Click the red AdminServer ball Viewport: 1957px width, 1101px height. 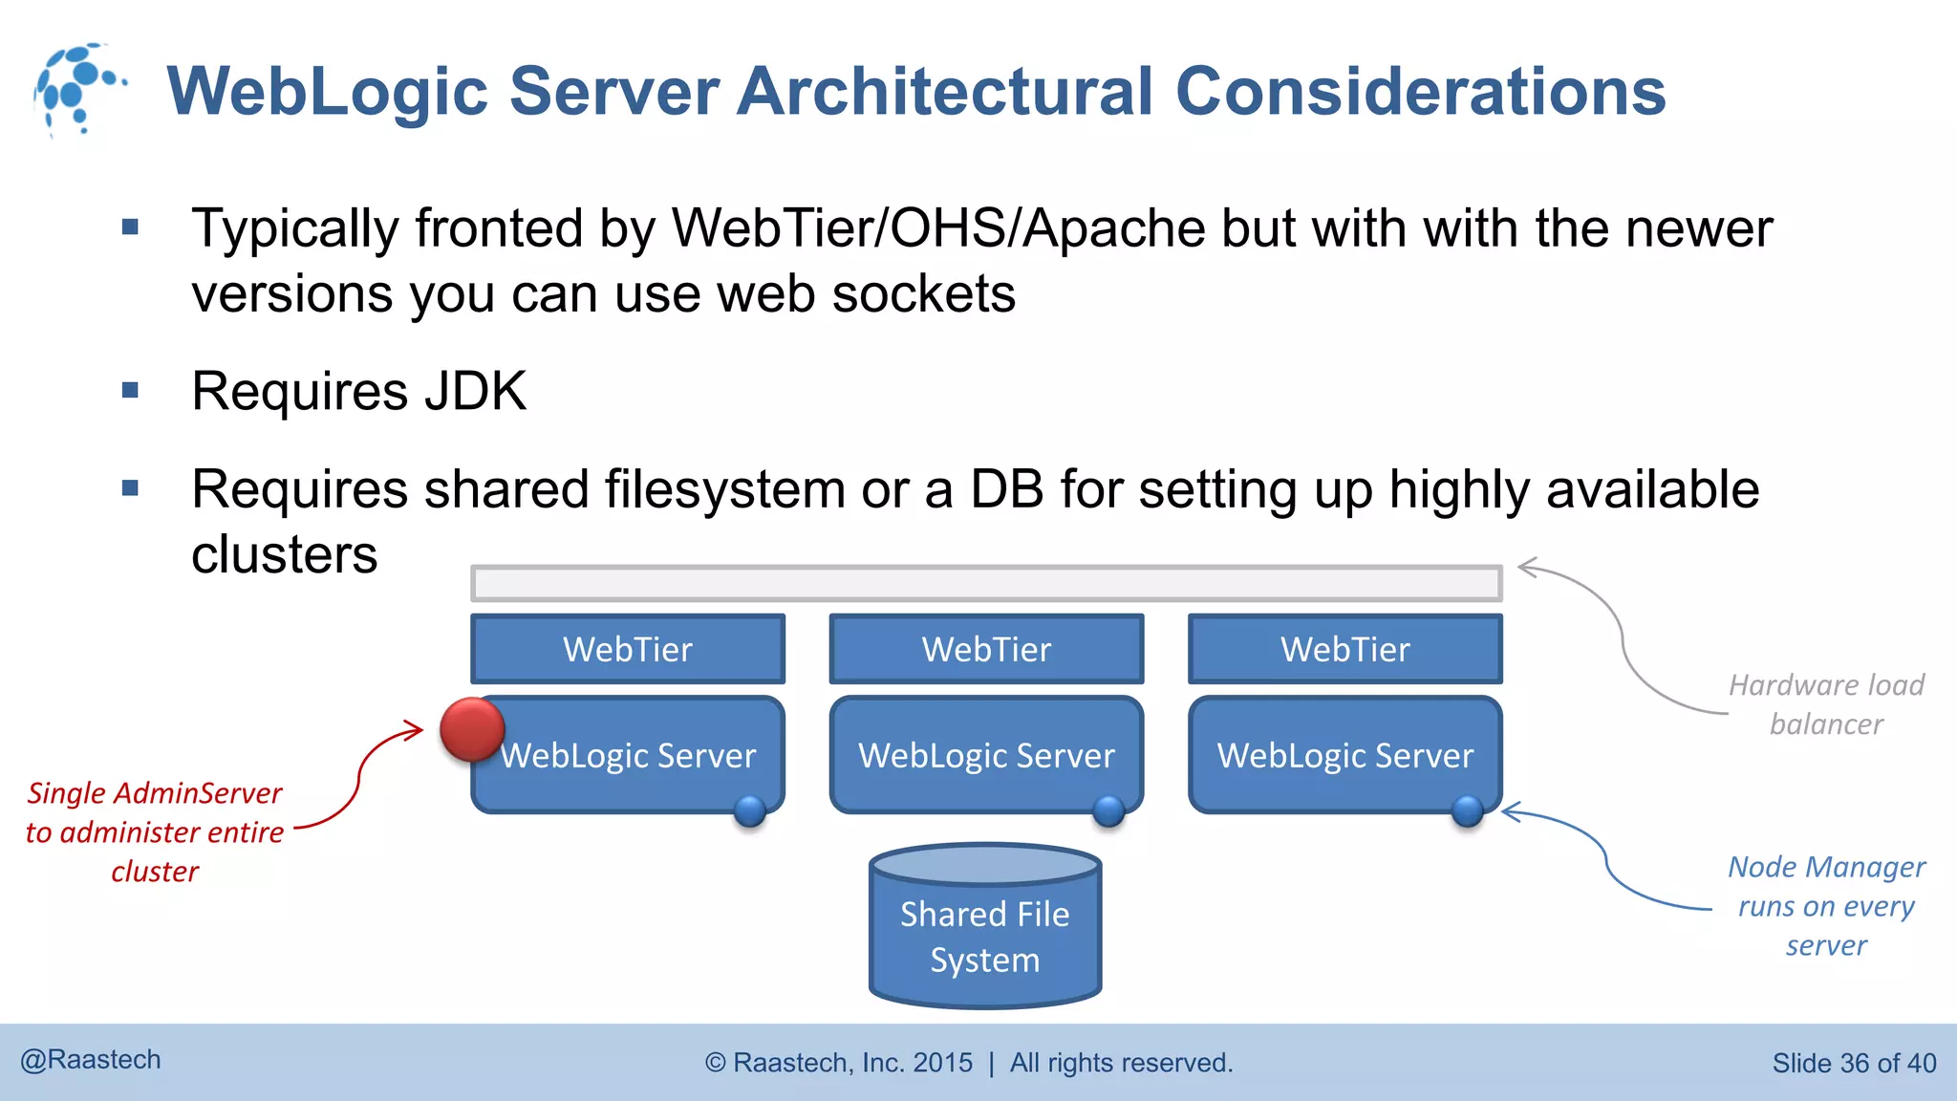click(x=472, y=729)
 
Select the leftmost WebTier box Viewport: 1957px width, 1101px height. click(x=628, y=650)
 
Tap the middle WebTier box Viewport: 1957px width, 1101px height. click(x=986, y=650)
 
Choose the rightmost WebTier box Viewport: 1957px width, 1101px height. click(x=1344, y=650)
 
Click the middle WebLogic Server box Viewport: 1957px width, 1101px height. click(x=986, y=755)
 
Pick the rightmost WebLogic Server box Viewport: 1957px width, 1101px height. click(x=1344, y=755)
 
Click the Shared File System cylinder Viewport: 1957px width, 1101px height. click(x=985, y=932)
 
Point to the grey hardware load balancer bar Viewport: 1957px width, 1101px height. click(x=986, y=583)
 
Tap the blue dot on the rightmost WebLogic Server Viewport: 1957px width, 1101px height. click(x=1467, y=811)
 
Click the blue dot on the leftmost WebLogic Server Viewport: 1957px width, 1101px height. click(x=750, y=811)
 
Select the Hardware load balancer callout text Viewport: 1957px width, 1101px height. click(x=1826, y=704)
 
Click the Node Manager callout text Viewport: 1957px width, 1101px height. click(x=1826, y=905)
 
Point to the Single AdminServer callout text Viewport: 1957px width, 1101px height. click(x=155, y=831)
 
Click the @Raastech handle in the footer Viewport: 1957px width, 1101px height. click(x=91, y=1060)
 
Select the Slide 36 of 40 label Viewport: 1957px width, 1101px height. click(x=1853, y=1063)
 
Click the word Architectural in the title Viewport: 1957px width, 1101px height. click(x=945, y=92)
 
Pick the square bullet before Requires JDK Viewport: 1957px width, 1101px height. click(x=131, y=390)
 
